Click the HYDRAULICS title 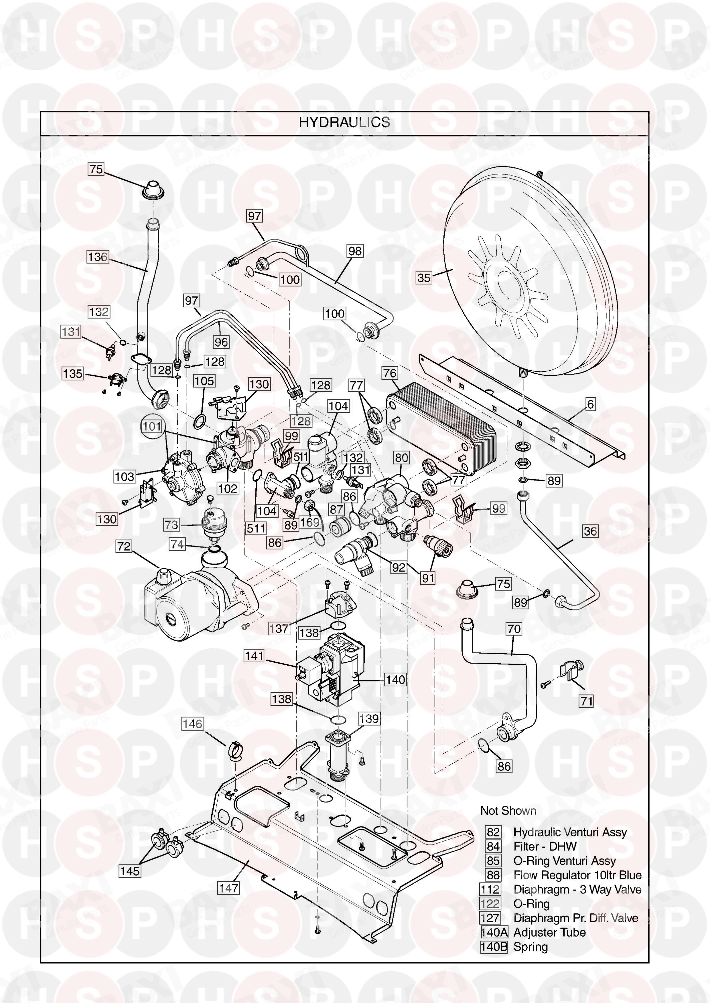click(x=344, y=122)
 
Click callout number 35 click(x=424, y=278)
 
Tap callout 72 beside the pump click(x=124, y=546)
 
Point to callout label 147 click(x=229, y=888)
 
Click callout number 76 click(x=390, y=373)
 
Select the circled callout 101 click(x=152, y=426)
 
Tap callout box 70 click(x=514, y=629)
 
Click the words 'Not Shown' click(x=508, y=811)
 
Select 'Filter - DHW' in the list click(x=545, y=846)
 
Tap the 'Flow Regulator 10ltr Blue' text click(x=577, y=875)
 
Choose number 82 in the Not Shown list click(x=493, y=832)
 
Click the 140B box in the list click(x=494, y=947)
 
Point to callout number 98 click(x=355, y=251)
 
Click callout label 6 click(x=590, y=404)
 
